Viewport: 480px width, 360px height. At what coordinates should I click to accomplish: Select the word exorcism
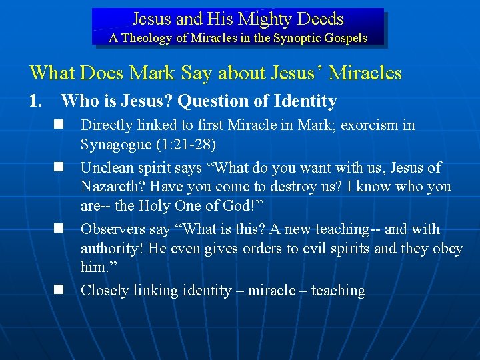point(371,125)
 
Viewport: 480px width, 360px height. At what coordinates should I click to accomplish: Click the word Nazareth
point(109,187)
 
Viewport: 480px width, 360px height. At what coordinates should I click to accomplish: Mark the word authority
point(109,248)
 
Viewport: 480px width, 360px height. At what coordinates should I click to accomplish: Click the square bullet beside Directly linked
point(59,125)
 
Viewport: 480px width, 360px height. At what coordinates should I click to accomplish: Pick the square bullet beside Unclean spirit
point(59,167)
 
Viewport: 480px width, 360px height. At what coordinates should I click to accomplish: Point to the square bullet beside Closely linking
point(59,290)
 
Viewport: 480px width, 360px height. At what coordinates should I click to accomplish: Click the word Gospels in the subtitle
point(344,38)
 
